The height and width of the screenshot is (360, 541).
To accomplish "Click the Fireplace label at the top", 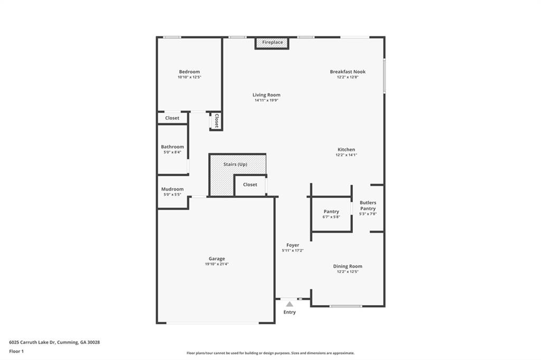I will pos(273,42).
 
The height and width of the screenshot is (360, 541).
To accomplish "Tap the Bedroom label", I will pos(189,72).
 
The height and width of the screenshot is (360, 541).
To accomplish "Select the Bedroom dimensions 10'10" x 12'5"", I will pos(189,78).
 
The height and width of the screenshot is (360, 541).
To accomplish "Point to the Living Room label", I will pos(266,95).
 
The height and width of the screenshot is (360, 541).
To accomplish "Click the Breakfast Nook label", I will pos(348,72).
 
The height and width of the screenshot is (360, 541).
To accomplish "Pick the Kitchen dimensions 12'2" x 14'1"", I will pos(347,155).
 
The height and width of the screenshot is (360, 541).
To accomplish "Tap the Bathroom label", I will pos(172,147).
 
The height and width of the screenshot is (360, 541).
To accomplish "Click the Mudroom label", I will pos(172,189).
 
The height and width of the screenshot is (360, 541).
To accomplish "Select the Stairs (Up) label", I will pos(235,165).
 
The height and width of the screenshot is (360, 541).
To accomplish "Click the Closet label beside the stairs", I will pos(250,185).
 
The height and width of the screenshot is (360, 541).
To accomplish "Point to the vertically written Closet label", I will pos(216,121).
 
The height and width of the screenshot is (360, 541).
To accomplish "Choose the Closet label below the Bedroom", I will pos(172,118).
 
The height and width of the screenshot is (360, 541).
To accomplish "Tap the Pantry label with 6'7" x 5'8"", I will pos(331,212).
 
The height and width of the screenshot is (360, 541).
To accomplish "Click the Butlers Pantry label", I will pos(368,205).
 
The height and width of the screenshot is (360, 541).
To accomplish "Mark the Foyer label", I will pos(293,245).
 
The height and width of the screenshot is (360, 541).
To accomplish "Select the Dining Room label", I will pos(348,266).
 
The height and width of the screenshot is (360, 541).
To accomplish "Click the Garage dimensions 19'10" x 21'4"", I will pos(217,264).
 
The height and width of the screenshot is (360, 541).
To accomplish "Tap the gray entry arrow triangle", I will pos(290,304).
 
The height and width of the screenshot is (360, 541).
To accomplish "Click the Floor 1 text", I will pos(16,351).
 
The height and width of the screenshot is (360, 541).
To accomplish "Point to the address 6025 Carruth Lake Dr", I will pos(32,342).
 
